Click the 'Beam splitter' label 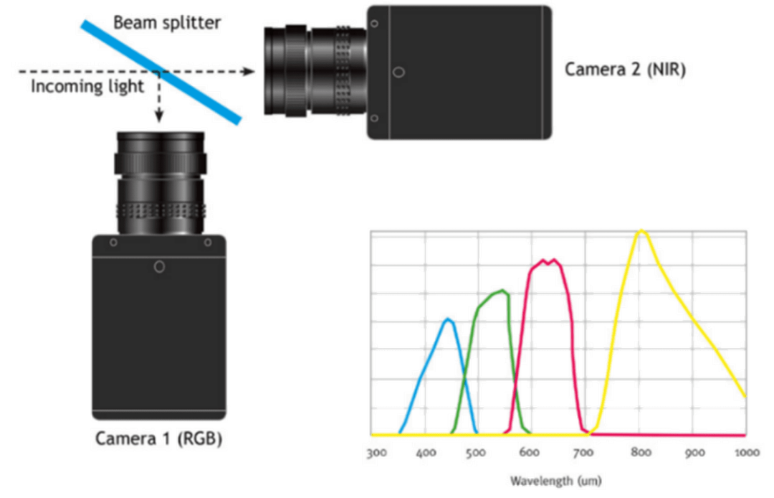tap(167, 22)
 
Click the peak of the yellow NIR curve tap(641, 230)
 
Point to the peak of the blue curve tap(447, 319)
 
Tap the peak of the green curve tap(505, 291)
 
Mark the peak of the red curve tap(548, 260)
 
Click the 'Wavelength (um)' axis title tap(556, 479)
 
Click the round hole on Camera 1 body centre tap(160, 267)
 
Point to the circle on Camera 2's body tap(399, 72)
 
